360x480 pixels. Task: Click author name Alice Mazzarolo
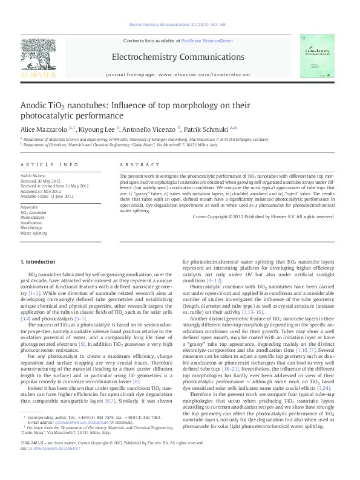pyautogui.click(x=44, y=129)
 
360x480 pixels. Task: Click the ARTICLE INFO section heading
pyautogui.click(x=50, y=164)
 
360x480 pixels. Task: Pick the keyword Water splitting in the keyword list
pyautogui.click(x=34, y=232)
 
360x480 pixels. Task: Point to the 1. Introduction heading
pyautogui.click(x=38, y=262)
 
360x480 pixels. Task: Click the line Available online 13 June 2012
pyautogui.click(x=47, y=196)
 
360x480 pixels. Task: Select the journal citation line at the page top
pyautogui.click(x=177, y=25)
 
